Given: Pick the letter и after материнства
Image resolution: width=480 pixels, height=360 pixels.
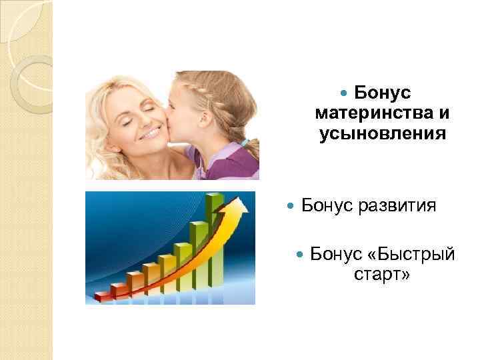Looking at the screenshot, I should pyautogui.click(x=443, y=113).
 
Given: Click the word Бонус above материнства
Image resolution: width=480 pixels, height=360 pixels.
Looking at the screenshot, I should pyautogui.click(x=382, y=91).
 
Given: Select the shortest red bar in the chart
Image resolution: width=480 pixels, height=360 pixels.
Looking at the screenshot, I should pyautogui.click(x=102, y=295).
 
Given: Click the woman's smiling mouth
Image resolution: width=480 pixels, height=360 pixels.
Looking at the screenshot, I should pyautogui.click(x=149, y=133).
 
